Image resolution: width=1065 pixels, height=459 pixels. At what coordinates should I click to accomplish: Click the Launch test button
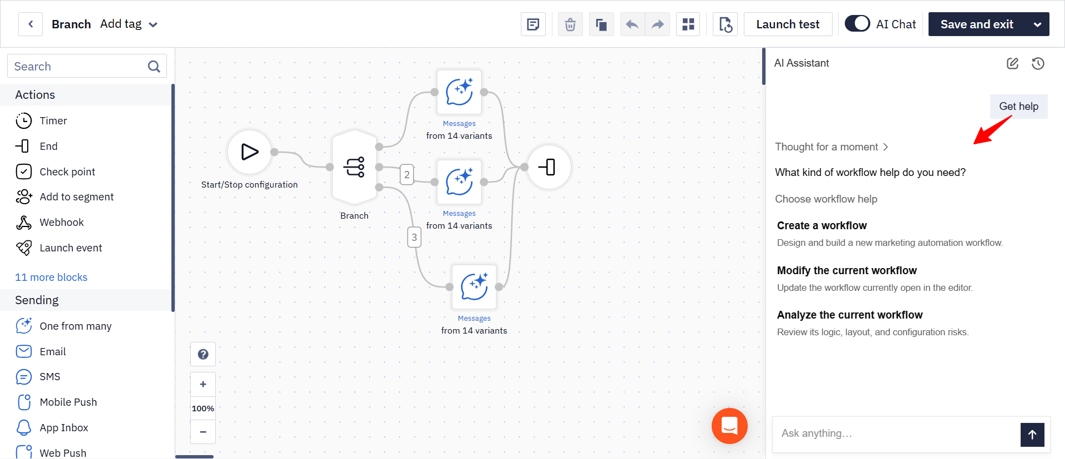tap(788, 24)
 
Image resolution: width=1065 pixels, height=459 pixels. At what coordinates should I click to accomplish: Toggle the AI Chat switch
tap(857, 24)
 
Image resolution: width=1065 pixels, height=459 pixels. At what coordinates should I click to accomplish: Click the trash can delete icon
tap(570, 24)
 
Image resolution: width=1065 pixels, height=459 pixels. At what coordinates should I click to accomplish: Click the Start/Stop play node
tap(250, 152)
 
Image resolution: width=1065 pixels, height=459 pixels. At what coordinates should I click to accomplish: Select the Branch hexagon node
tap(354, 167)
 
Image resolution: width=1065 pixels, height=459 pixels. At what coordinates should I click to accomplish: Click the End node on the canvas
tap(549, 167)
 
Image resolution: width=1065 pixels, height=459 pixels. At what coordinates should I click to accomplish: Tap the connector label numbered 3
tap(414, 237)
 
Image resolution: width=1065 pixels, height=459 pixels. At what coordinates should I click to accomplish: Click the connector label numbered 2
tap(407, 174)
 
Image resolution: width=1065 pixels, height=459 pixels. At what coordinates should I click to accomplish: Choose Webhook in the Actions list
tap(62, 223)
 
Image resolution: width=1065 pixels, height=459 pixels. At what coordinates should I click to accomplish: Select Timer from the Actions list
tap(53, 121)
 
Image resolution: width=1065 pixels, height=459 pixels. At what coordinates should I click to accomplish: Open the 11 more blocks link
tap(51, 277)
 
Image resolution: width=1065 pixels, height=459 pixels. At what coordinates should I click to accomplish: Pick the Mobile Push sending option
tap(68, 402)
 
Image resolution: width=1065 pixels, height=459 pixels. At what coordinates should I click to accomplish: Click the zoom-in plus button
tap(203, 384)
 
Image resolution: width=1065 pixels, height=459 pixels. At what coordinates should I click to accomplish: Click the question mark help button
tap(203, 354)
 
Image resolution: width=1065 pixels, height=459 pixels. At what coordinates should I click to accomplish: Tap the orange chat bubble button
tap(729, 426)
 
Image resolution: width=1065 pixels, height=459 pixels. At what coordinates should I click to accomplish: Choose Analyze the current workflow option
tap(850, 315)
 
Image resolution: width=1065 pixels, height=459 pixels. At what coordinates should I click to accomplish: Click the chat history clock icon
tap(1038, 63)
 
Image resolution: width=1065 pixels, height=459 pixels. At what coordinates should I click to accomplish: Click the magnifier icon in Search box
tap(154, 67)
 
